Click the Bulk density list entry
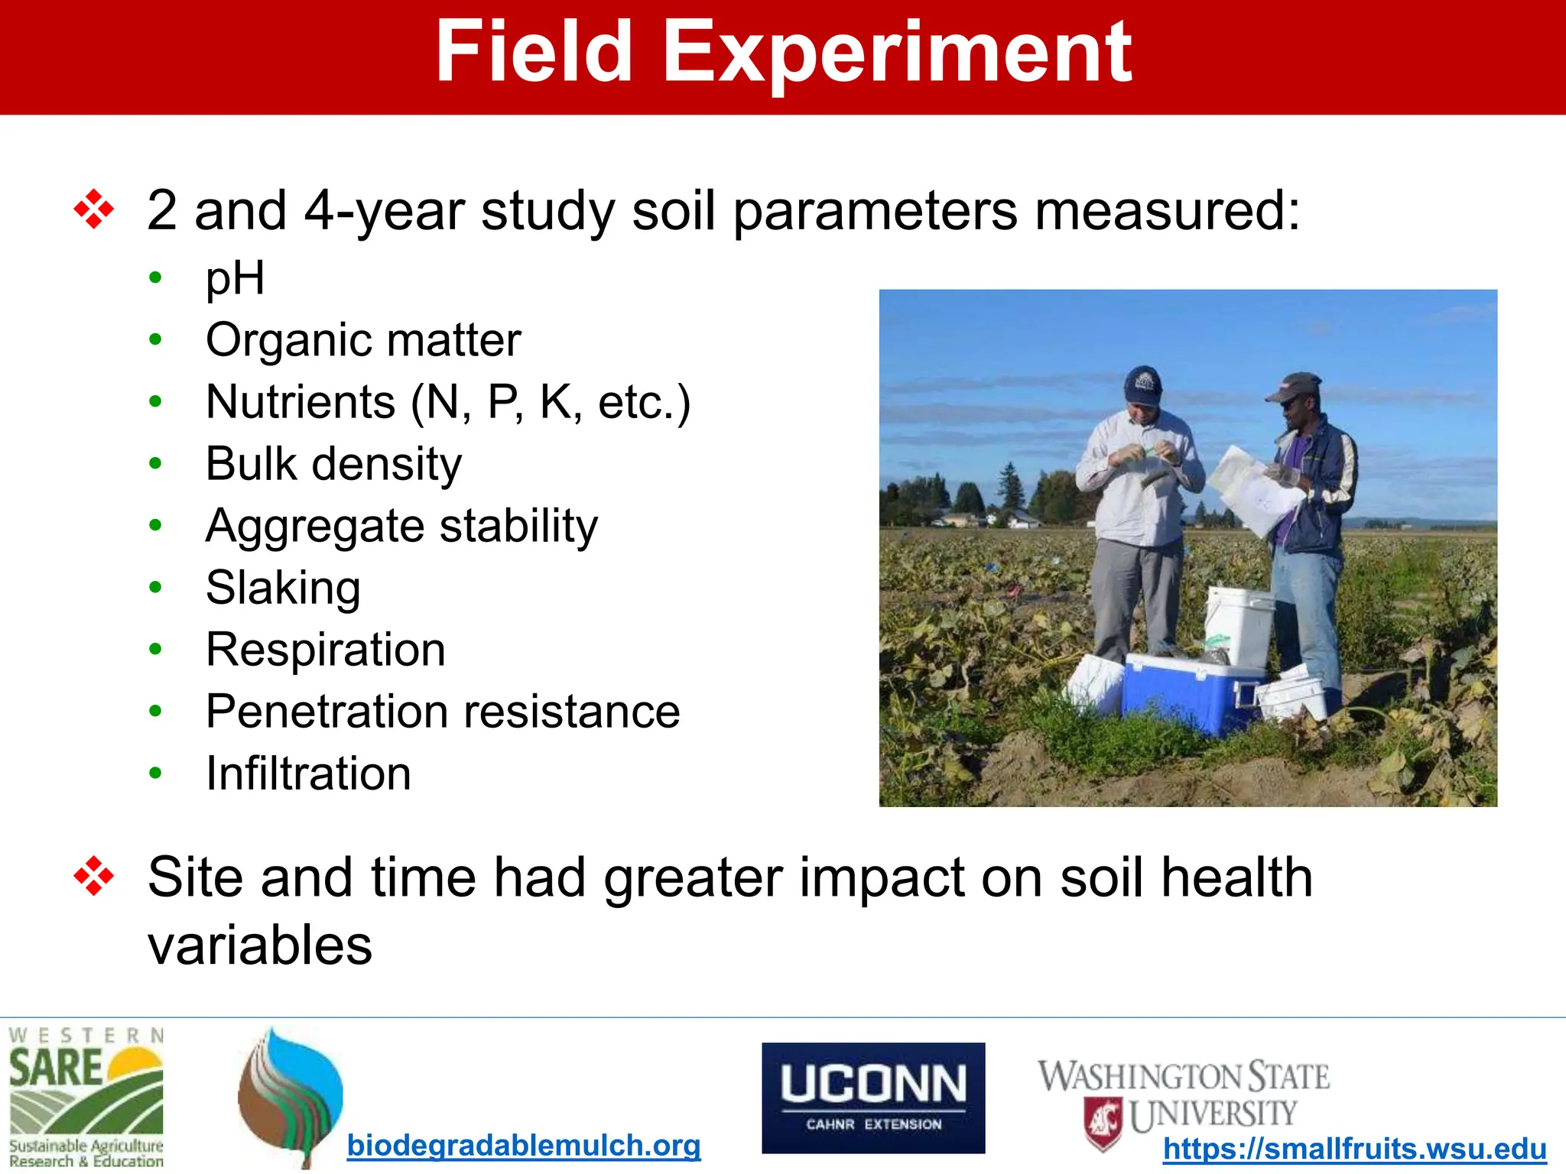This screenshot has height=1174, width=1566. (333, 463)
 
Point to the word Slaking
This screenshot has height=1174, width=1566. (283, 587)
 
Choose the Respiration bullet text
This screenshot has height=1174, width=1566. (325, 650)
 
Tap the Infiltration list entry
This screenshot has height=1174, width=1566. (308, 773)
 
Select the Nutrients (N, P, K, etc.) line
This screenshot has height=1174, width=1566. (448, 402)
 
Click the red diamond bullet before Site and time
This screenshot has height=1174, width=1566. (93, 876)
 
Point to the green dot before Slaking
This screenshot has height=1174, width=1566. (156, 587)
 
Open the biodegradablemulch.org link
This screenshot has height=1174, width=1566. (524, 1145)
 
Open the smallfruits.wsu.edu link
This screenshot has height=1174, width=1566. (1354, 1149)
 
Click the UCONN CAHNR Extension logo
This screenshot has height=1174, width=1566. (873, 1098)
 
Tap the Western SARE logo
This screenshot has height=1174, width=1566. (86, 1098)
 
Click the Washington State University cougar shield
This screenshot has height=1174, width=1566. (1103, 1120)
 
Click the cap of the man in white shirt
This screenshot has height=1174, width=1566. (1142, 384)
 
